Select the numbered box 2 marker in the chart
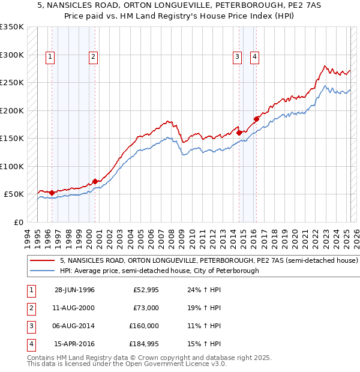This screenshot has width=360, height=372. [x=94, y=57]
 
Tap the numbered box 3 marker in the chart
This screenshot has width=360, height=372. [x=238, y=57]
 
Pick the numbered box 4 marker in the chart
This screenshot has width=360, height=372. [x=255, y=57]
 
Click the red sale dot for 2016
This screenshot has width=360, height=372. [x=256, y=119]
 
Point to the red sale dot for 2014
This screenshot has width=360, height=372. [x=239, y=133]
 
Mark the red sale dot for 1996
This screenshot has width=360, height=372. [x=52, y=193]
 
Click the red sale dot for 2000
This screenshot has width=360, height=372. [x=95, y=181]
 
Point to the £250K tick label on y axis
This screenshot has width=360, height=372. [x=12, y=83]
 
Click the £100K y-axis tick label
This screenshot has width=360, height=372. [x=12, y=166]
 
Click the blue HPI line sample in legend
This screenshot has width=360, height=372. [x=42, y=271]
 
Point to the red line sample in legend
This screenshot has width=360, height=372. [x=42, y=261]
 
